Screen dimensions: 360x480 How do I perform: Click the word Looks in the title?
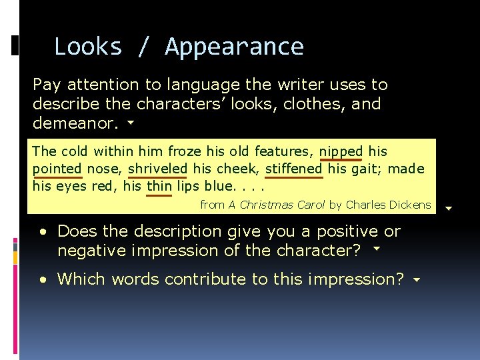88,47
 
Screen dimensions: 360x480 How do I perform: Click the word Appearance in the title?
235,47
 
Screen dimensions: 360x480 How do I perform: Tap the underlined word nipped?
341,152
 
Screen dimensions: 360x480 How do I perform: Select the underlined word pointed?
57,169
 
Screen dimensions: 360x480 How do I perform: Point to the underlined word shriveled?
158,169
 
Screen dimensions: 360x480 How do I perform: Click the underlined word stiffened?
293,169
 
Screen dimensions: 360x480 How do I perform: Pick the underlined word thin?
159,187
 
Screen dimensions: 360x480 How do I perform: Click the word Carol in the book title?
309,205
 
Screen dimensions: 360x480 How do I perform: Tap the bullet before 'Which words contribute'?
43,280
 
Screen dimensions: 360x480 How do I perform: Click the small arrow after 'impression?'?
417,281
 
